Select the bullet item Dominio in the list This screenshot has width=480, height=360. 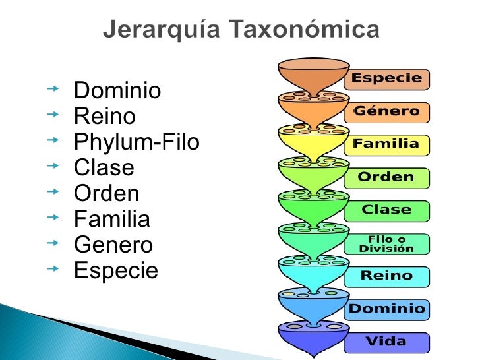(117, 91)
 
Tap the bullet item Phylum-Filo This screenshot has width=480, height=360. (136, 142)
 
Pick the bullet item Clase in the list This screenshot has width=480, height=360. (104, 168)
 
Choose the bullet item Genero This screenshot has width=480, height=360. (113, 245)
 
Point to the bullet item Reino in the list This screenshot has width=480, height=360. (105, 117)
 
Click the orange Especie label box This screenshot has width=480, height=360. (386, 79)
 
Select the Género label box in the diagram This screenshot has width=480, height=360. (386, 112)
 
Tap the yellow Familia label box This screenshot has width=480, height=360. (386, 144)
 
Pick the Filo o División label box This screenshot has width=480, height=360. (386, 244)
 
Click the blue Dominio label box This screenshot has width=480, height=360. (386, 309)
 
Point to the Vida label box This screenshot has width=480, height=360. (386, 342)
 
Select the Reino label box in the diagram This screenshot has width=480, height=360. (386, 276)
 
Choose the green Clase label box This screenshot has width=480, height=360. (386, 211)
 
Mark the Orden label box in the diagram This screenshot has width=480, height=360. (386, 178)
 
